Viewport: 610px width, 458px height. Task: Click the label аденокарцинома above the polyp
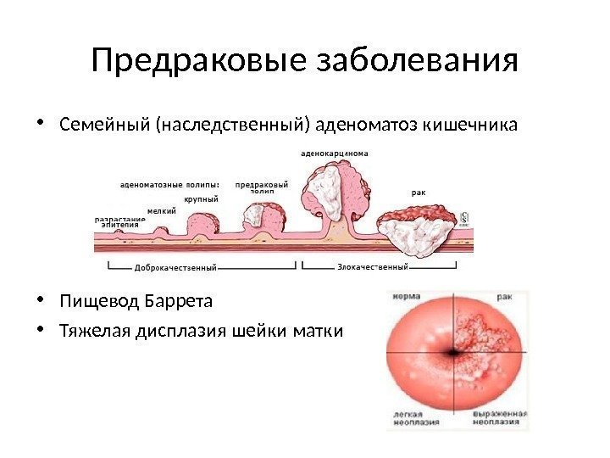click(334, 154)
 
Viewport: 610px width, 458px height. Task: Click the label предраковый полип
click(261, 187)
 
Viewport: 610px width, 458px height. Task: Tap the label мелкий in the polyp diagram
click(161, 211)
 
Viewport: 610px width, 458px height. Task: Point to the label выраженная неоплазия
click(500, 419)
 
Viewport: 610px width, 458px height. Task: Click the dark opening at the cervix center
click(457, 351)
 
